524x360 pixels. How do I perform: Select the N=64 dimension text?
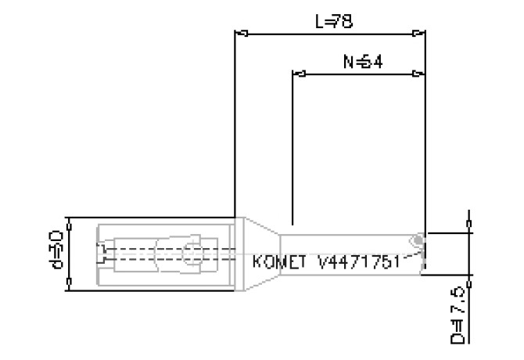pyautogui.click(x=362, y=61)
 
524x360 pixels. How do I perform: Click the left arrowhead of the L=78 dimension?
pyautogui.click(x=242, y=34)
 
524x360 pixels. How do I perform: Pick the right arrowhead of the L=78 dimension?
pyautogui.click(x=419, y=34)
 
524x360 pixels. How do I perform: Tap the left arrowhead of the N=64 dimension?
pyautogui.click(x=298, y=74)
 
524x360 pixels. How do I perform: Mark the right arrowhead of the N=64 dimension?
pyautogui.click(x=419, y=74)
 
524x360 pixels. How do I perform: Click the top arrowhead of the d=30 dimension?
pyautogui.click(x=70, y=223)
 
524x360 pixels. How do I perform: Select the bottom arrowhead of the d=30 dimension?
pyautogui.click(x=70, y=285)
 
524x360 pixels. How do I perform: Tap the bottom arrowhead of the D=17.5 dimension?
pyautogui.click(x=468, y=279)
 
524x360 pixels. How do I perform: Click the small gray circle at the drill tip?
pyautogui.click(x=419, y=239)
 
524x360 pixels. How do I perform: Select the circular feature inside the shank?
pyautogui.click(x=190, y=254)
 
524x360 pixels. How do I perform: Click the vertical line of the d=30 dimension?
pyautogui.click(x=70, y=254)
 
